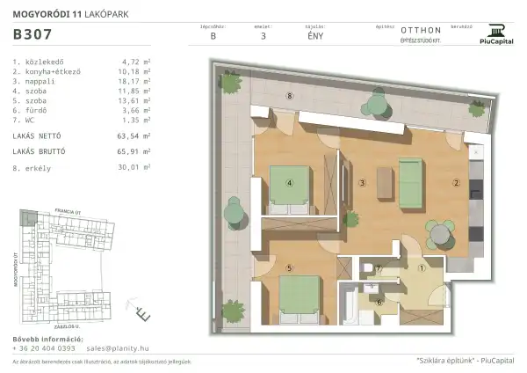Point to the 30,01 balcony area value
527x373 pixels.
[131, 165]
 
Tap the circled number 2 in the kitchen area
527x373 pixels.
[456, 183]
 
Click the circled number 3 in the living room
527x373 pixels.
[362, 183]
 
